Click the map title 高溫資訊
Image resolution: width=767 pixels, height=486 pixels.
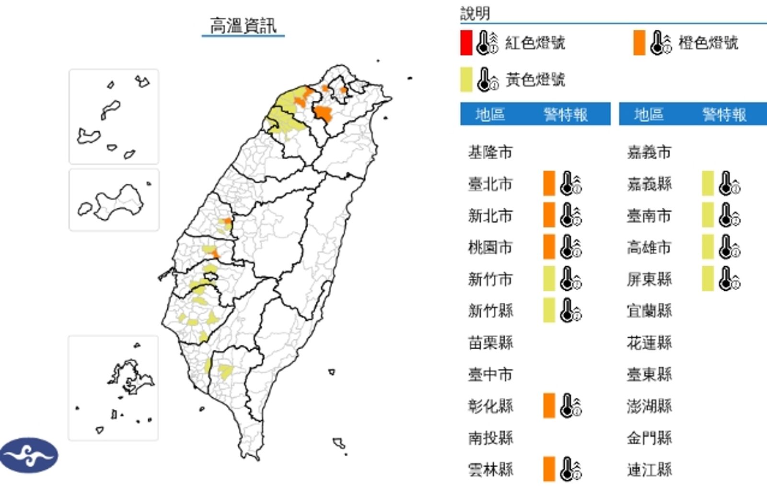[243, 25]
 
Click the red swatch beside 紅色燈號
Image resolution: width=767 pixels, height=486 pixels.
[466, 42]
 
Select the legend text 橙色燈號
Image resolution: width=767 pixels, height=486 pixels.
[708, 43]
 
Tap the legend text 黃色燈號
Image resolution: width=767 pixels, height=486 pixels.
[535, 79]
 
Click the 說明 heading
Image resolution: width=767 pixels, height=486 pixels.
[475, 13]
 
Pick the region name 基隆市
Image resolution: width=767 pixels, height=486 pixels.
[490, 153]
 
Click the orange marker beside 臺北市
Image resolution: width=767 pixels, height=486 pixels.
[549, 183]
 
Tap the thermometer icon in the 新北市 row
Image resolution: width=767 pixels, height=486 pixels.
[570, 215]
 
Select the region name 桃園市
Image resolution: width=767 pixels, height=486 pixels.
[490, 247]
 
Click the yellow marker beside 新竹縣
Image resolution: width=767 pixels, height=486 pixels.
[549, 310]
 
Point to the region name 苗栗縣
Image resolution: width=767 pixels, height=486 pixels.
[490, 343]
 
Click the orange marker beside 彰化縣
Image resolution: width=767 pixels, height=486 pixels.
[549, 405]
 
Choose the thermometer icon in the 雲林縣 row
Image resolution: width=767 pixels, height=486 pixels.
[570, 469]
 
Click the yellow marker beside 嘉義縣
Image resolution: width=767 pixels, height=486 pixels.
[708, 183]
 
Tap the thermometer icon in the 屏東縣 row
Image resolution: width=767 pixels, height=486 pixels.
[729, 279]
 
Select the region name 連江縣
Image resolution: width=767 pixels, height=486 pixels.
[649, 469]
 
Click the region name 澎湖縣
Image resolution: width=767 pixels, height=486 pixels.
[649, 406]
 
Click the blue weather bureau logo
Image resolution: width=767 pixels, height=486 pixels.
[29, 455]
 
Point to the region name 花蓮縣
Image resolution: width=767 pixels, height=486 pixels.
[649, 343]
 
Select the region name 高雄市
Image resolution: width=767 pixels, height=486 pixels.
[649, 247]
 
